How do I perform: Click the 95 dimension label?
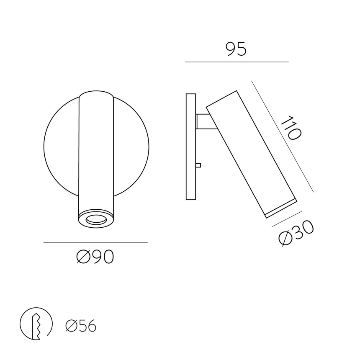236,49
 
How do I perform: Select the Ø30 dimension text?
296,233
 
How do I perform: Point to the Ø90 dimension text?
95,257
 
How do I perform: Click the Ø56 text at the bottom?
81,326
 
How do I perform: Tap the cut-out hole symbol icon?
36,324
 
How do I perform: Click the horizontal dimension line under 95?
237,62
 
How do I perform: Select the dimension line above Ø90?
95,242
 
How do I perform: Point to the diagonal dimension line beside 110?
283,136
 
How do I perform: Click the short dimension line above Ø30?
287,219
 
